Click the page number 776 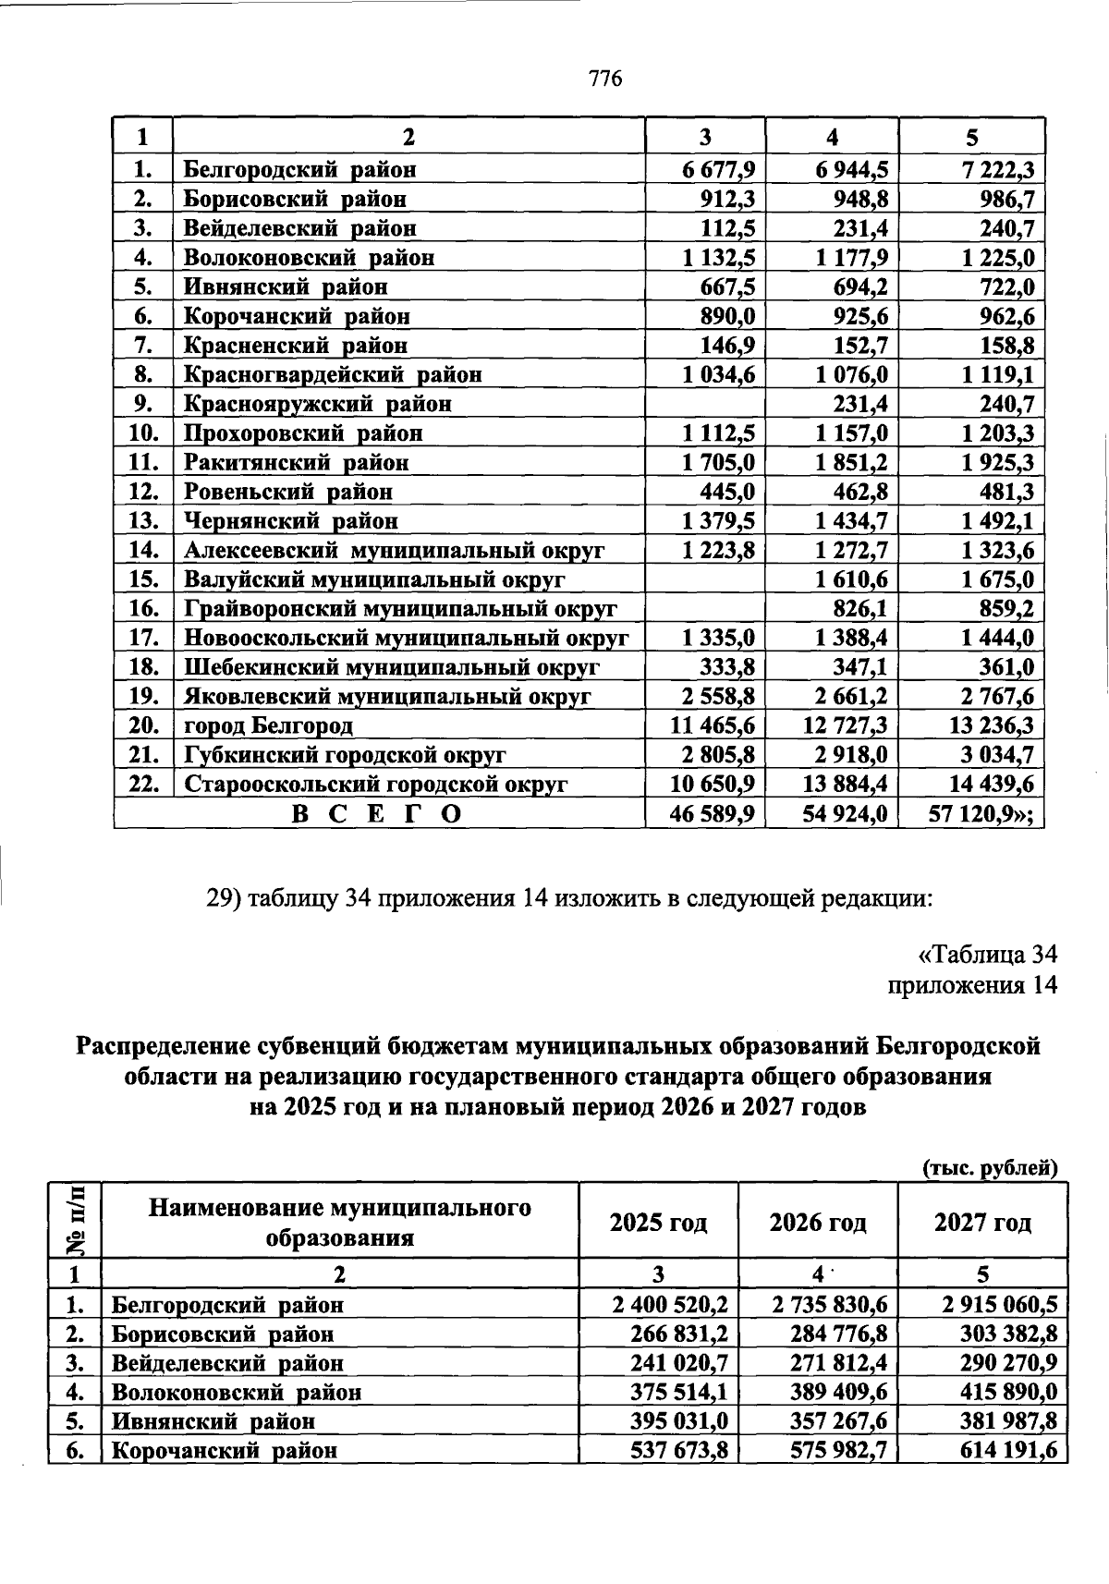pos(606,79)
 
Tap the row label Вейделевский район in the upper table pos(299,227)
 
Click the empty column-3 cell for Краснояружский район pos(704,403)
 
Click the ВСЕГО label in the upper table pos(377,814)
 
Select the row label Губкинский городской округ pos(345,755)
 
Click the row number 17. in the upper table pos(142,638)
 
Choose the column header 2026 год pos(818,1223)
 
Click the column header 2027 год pos(981,1223)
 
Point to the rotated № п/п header pos(75,1220)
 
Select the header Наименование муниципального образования pos(340,1222)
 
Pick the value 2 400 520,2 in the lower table pos(670,1305)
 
